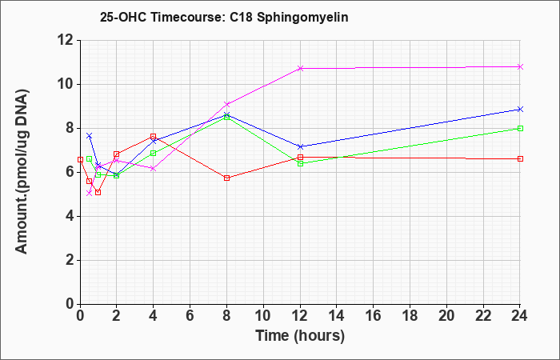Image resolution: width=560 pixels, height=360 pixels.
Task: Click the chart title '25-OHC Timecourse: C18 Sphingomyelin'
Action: coord(224,17)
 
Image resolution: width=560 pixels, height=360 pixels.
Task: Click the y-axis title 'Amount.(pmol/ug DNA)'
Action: coord(22,171)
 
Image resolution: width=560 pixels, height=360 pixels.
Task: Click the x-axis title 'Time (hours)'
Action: coord(300,336)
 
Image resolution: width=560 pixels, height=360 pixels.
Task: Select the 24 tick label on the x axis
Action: coord(519,316)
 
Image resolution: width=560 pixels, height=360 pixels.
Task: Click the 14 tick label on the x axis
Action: coord(336,316)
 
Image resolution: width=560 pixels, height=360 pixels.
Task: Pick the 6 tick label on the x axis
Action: coord(190,316)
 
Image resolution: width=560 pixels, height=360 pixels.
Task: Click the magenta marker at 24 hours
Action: coord(520,66)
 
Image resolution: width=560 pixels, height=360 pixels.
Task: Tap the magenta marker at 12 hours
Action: coord(300,68)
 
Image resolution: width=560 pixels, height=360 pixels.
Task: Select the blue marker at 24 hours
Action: coord(520,110)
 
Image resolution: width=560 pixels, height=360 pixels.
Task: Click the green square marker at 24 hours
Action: coord(520,128)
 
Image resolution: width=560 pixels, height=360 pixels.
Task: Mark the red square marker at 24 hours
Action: coord(520,158)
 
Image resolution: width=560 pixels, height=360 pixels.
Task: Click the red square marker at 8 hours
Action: coord(226,178)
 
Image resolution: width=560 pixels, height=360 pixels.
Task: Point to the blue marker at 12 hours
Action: coord(300,146)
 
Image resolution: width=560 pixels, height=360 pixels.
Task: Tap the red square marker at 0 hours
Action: coord(80,160)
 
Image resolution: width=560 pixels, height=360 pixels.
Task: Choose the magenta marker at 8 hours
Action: coord(226,104)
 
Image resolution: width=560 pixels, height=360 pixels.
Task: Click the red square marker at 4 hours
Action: coord(154,137)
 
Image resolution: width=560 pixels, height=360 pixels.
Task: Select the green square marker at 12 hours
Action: coord(300,163)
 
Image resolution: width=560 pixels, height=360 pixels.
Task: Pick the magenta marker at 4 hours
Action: coord(154,169)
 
